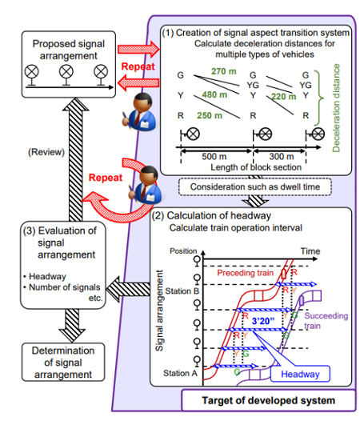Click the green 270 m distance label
[x=224, y=71]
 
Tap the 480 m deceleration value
[x=214, y=94]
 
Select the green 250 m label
[x=210, y=115]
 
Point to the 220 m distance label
[x=283, y=96]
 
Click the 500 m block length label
[x=214, y=156]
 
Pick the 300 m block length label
[x=282, y=156]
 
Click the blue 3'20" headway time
[x=263, y=321]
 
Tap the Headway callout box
[x=300, y=374]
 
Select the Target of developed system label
[x=269, y=400]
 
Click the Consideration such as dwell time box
[x=255, y=186]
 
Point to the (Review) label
[x=46, y=152]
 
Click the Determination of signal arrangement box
[x=63, y=362]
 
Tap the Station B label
[x=182, y=291]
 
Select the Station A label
[x=181, y=373]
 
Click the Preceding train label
[x=245, y=273]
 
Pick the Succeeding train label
[x=326, y=321]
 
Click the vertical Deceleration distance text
[x=336, y=108]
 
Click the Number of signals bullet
[x=62, y=287]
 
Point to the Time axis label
[x=310, y=251]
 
